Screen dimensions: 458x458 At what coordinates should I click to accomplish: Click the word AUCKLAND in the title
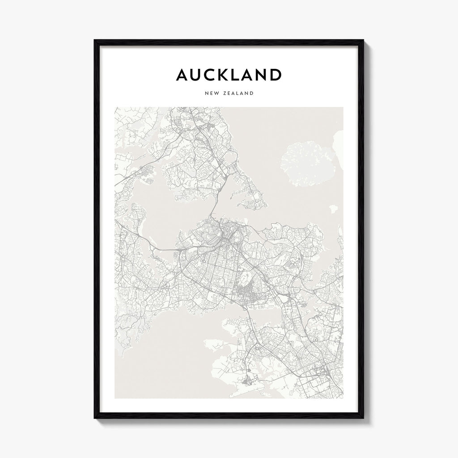[x=229, y=75]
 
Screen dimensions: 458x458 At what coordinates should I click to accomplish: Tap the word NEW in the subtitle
[x=212, y=93]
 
